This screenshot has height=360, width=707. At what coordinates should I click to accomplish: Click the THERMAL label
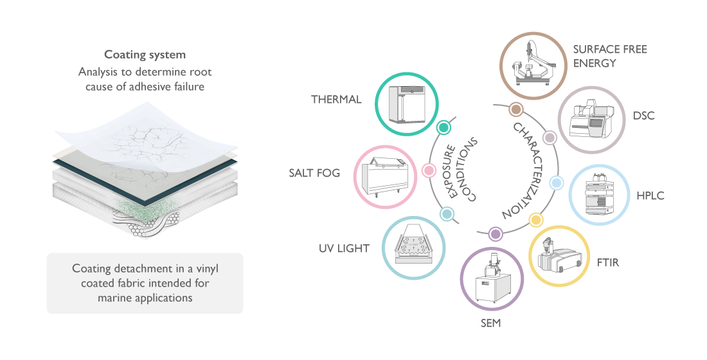point(336,100)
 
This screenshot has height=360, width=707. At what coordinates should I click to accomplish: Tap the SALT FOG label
point(314,173)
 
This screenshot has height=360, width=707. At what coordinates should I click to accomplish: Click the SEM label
point(490,323)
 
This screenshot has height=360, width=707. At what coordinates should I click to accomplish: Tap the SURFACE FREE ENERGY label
point(610,56)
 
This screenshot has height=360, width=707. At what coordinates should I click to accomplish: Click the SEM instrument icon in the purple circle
point(492,280)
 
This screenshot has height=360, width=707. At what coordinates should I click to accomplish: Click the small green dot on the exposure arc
point(442,128)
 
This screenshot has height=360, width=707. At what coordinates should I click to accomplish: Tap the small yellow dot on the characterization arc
point(535,221)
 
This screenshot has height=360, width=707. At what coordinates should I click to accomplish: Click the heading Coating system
point(145,55)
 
